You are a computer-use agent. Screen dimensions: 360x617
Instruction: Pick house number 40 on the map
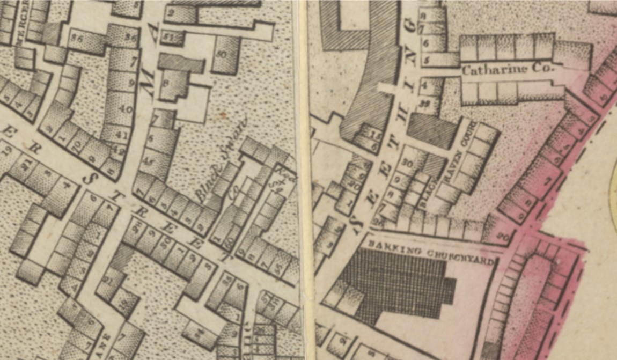pos(124,108)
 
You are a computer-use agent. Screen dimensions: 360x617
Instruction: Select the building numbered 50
pos(221,54)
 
